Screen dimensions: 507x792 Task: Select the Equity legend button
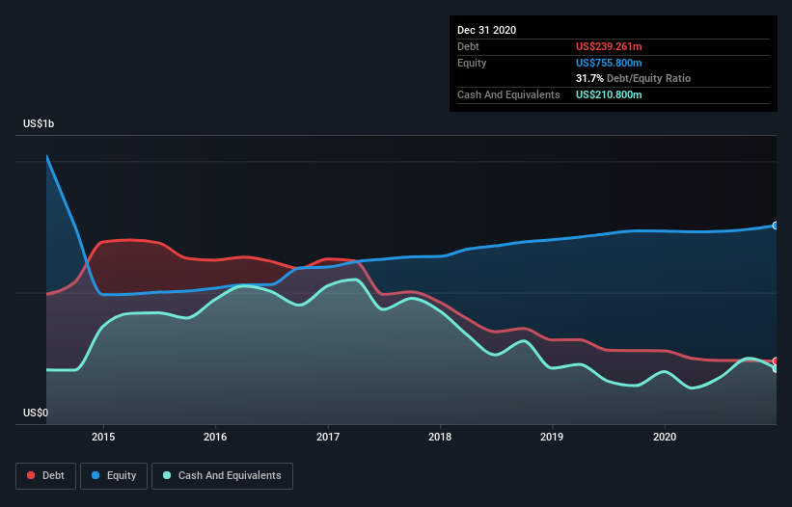click(114, 475)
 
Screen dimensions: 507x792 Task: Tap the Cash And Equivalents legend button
click(221, 475)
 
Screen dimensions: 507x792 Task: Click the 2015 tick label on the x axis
click(103, 436)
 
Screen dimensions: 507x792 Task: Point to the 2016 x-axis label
click(215, 436)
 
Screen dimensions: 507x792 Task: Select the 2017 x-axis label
click(328, 436)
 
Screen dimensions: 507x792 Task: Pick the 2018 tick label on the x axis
click(440, 436)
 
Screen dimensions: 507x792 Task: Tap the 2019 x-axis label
click(552, 436)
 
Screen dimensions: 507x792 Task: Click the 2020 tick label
click(665, 436)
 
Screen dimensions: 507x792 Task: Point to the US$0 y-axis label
click(36, 413)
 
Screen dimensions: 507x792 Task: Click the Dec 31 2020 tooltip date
click(486, 30)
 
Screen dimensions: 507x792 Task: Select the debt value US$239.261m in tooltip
click(608, 46)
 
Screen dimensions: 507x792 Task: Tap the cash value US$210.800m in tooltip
click(609, 94)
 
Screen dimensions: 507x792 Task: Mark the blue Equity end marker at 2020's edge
click(776, 226)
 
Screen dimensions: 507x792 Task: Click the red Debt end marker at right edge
click(776, 361)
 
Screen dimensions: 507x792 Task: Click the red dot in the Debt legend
click(31, 475)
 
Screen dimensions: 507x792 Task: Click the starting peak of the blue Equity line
click(46, 156)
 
